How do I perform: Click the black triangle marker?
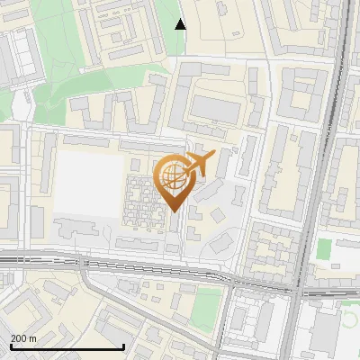pos(181,24)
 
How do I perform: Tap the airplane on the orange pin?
pos(197,165)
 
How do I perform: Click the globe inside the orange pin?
pos(172,178)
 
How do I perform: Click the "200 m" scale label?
pos(23,338)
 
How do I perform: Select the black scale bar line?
pos(67,346)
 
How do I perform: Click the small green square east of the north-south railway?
pos(324,248)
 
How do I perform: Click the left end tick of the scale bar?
pos(10,346)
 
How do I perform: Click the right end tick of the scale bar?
pos(123,346)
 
